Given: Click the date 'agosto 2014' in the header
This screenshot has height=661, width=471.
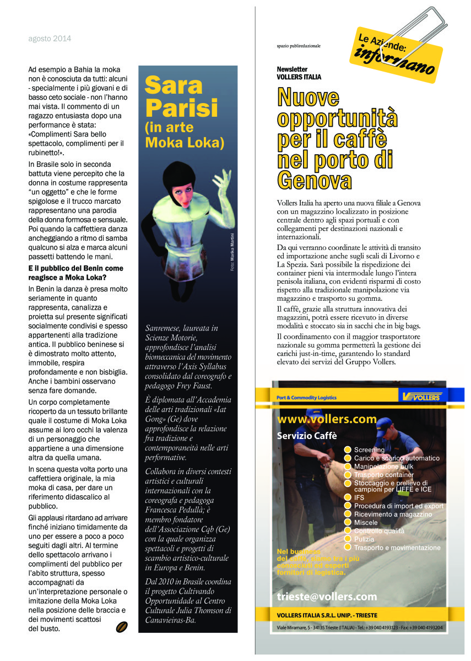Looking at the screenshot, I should click(50, 39).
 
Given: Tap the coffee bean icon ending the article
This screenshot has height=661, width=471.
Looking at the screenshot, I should click(122, 626).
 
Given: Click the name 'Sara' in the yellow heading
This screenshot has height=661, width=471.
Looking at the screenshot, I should click(174, 85).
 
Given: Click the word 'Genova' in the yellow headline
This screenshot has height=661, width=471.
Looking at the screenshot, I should click(315, 180).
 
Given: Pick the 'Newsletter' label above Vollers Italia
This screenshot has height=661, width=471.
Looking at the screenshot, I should click(292, 69).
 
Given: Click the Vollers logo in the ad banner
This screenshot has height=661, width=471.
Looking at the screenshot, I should click(421, 397).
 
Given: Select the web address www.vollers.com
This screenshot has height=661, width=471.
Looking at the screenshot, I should click(327, 419).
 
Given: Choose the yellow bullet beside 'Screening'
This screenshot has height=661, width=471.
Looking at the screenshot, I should click(348, 450).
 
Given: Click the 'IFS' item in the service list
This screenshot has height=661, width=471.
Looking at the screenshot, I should click(359, 497).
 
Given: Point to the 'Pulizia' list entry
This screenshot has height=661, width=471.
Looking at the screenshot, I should click(364, 539).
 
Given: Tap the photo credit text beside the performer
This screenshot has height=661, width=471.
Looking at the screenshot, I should click(232, 252).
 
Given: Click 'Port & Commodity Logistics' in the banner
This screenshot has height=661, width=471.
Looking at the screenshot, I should click(306, 397).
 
